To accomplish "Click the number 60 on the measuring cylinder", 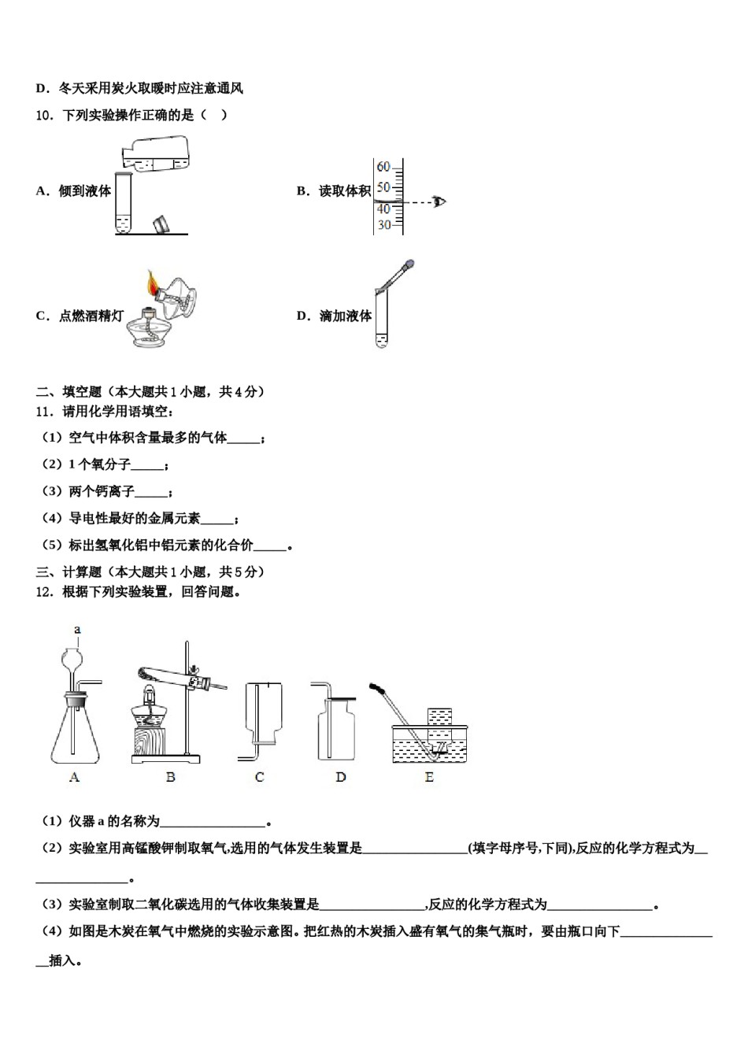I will (383, 167).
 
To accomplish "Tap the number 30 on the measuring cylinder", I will (383, 225).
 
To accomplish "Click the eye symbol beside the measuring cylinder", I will (439, 202).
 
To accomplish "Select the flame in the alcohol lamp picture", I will (152, 282).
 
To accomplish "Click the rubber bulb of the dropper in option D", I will (408, 266).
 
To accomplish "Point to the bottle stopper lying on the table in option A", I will (161, 224).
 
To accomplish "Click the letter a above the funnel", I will (77, 629).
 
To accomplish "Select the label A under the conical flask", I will (75, 777).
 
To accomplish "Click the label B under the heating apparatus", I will (170, 777).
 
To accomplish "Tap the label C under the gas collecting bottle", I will (259, 777).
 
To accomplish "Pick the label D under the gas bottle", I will (340, 777).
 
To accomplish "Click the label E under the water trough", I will (429, 777).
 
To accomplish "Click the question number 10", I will (45, 115).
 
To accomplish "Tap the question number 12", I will (45, 592).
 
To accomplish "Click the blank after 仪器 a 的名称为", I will (213, 822).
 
